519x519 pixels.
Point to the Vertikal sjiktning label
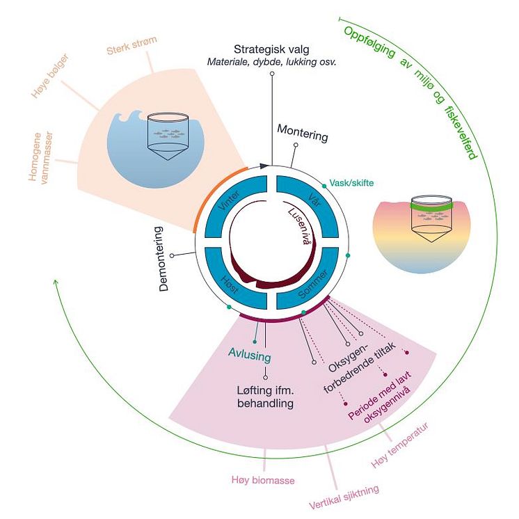tap(344, 498)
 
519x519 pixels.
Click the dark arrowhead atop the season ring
tap(264, 166)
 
